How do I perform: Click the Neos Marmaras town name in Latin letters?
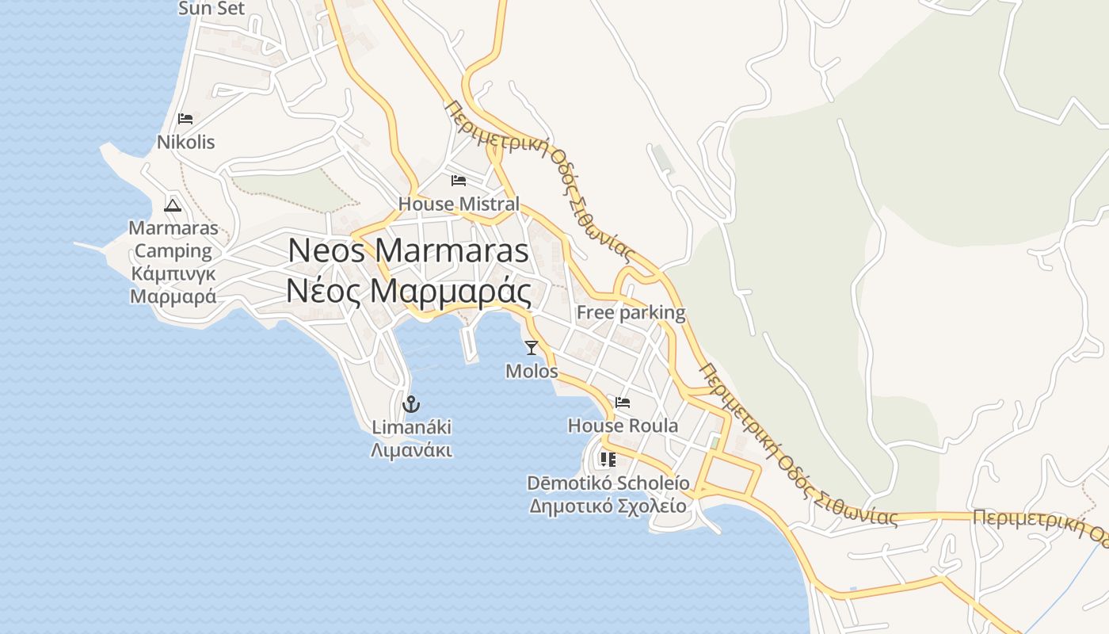tap(408, 250)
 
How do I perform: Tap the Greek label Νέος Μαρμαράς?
tap(408, 292)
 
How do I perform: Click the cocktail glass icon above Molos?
tap(531, 347)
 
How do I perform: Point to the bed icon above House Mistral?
tap(458, 181)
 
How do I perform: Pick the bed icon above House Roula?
tap(623, 403)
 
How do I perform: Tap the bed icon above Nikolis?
tap(185, 119)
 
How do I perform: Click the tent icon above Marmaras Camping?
tap(173, 206)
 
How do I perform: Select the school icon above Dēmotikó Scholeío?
tap(608, 460)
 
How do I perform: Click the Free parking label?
tap(631, 312)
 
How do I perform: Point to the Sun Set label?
tap(212, 9)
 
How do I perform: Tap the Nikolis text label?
tap(186, 143)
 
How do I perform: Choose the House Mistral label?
tap(459, 204)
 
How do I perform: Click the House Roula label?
tap(623, 426)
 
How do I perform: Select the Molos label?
tap(532, 371)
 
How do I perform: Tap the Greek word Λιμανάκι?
tap(411, 451)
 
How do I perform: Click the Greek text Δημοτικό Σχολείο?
tap(608, 506)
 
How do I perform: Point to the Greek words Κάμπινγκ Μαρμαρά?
tap(173, 285)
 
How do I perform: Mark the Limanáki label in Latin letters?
tap(411, 428)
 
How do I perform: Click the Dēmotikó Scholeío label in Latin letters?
tap(608, 483)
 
